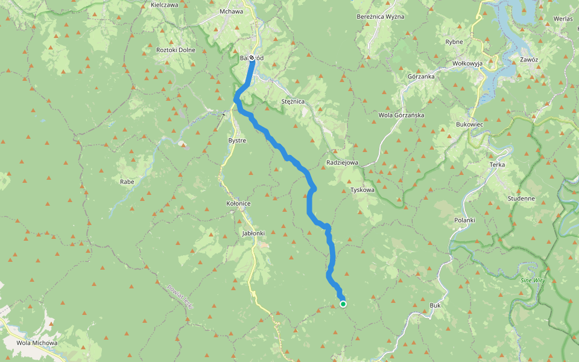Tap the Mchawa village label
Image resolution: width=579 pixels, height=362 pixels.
coord(232,11)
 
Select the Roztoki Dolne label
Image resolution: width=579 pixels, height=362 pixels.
coord(176,49)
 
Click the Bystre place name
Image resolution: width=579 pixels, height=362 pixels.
coord(237,140)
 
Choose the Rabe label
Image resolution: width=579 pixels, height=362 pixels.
coord(127,180)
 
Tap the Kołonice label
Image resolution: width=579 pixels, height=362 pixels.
coord(238,204)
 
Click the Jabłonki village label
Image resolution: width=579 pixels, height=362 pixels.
coord(253,233)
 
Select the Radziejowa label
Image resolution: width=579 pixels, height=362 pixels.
coord(342,163)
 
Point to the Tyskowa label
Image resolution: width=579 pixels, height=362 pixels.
coord(362,190)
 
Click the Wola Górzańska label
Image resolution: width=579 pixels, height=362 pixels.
coord(401,115)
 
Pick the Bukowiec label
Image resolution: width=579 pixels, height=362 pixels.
coord(470,124)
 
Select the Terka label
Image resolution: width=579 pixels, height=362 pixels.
coord(497,165)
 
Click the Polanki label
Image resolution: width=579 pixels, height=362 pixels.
coord(465,220)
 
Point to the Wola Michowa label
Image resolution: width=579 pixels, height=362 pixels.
coord(37,343)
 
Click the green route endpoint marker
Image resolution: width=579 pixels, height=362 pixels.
coord(343,304)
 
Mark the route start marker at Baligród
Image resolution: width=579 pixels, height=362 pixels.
coord(252,59)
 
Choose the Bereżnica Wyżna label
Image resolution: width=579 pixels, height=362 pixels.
coord(381,16)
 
